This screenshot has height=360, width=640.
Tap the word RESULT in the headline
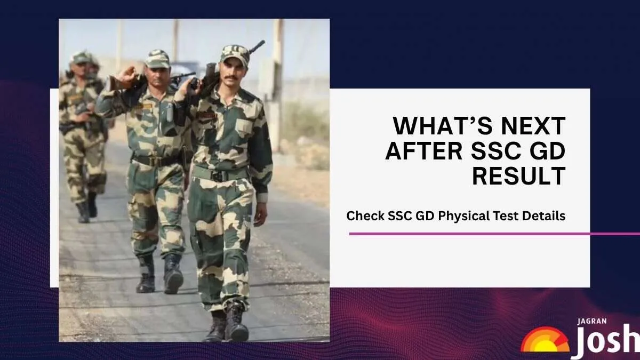tap(518, 175)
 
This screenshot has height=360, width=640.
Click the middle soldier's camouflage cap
tap(157, 58)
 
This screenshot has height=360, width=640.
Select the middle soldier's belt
tap(155, 159)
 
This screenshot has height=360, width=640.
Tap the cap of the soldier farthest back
tap(81, 58)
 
